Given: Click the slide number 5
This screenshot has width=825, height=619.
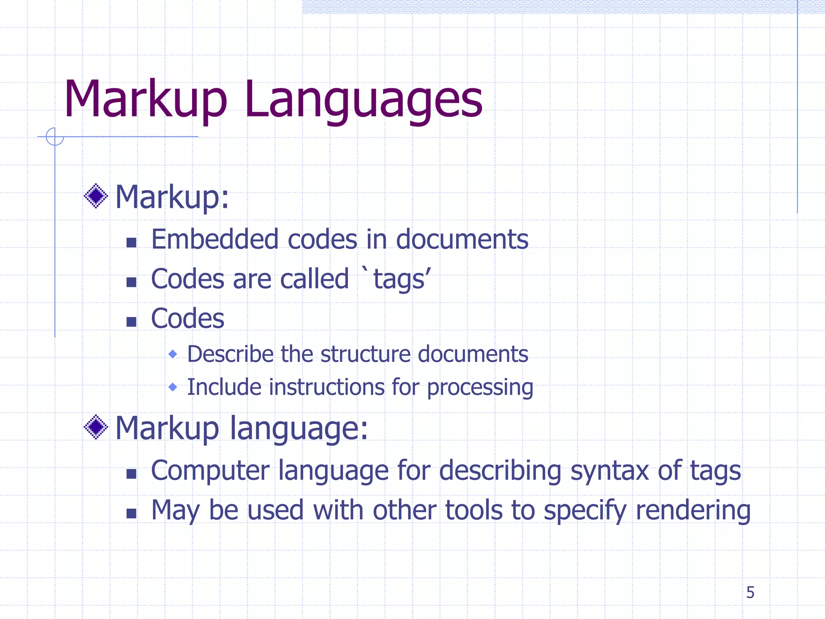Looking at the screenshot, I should pos(750,592).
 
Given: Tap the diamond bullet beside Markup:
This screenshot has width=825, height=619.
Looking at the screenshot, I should pos(96,196).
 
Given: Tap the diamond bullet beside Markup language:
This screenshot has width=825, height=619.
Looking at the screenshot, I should pos(96,427).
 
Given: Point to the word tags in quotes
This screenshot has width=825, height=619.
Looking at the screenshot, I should pos(399,279).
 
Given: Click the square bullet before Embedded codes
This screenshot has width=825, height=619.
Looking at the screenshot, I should pos(131,242).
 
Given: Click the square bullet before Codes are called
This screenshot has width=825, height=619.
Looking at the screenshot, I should pos(131,282).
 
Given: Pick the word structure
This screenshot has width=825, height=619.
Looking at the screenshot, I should pos(366,354).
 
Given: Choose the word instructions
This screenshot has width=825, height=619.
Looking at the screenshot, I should pos(326,387).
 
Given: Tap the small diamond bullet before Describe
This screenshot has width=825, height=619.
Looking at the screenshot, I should pos(173,354).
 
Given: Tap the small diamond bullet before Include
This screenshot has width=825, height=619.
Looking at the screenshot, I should pos(173,387).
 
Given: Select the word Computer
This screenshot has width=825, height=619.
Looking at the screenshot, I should pos(210,471).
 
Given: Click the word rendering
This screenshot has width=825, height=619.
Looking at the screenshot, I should pos(693,511).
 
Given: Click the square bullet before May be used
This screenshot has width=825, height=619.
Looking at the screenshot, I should pos(131,513).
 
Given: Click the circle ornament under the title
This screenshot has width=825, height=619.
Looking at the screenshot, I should pos(55,137).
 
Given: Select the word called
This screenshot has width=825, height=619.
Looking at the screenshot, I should pos(314,279).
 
